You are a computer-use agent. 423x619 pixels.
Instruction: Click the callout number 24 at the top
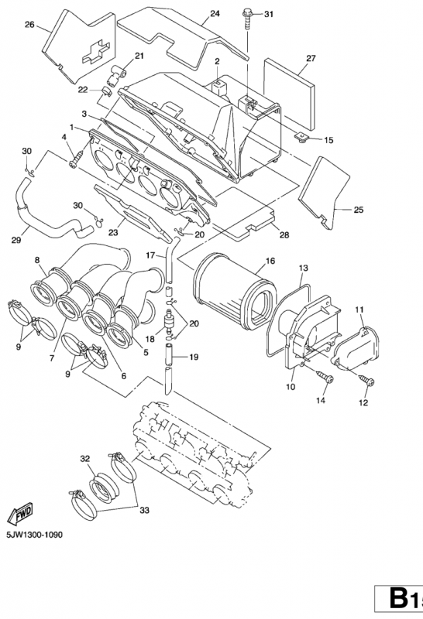click(x=215, y=14)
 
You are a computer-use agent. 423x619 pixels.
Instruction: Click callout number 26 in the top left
click(x=29, y=25)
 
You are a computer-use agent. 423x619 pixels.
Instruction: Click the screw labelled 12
click(x=366, y=380)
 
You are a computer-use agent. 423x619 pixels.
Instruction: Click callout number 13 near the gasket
click(x=304, y=267)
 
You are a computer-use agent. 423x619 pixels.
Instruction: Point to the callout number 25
click(x=358, y=209)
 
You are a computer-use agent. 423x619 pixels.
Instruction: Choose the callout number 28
click(x=284, y=234)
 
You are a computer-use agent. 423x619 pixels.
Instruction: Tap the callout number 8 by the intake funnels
click(x=37, y=260)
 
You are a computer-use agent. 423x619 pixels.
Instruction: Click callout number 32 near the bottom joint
click(x=84, y=458)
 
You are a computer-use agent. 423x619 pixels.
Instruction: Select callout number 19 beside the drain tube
click(x=193, y=357)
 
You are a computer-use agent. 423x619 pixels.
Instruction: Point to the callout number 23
click(x=112, y=230)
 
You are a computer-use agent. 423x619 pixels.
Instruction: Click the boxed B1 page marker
click(x=399, y=600)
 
